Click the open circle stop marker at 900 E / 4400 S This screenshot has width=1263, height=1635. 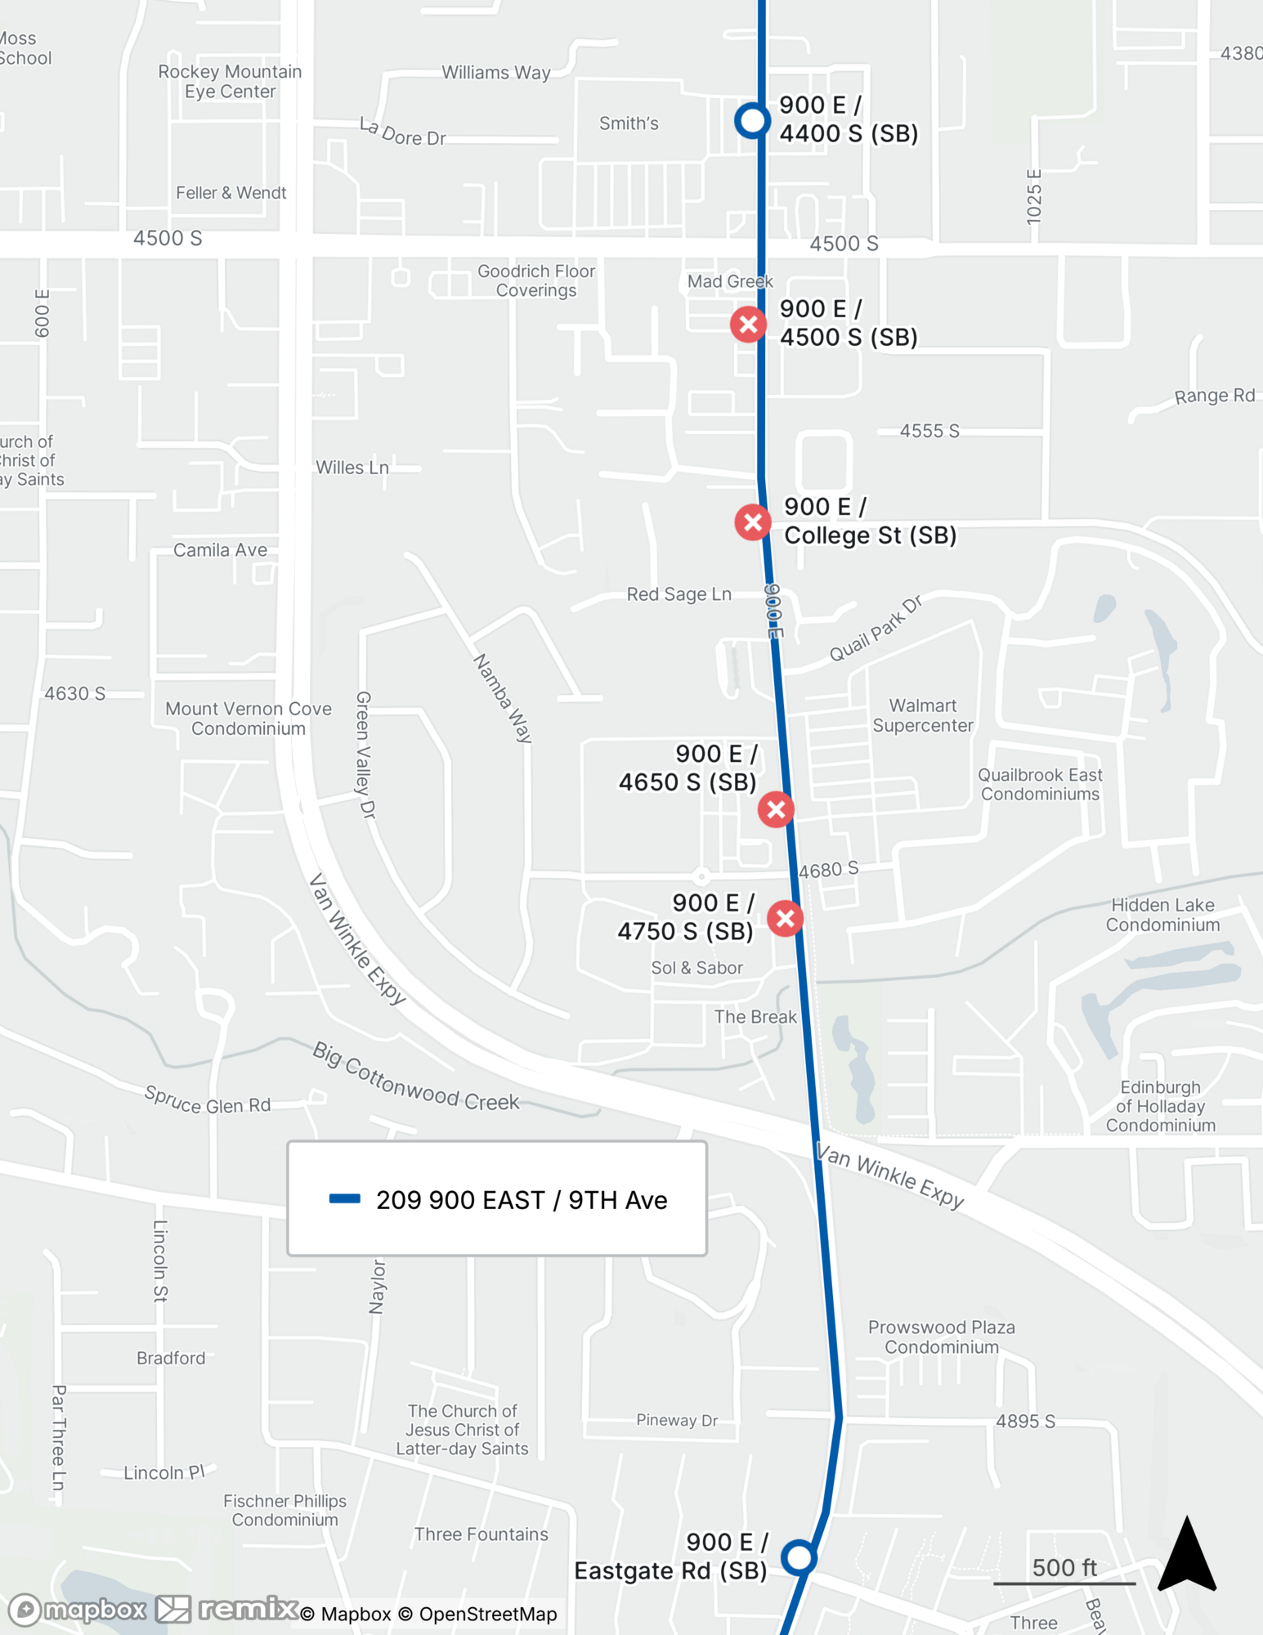pyautogui.click(x=752, y=121)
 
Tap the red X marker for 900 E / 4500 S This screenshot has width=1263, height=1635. pyautogui.click(x=748, y=325)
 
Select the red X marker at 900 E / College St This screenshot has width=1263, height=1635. pyautogui.click(x=753, y=522)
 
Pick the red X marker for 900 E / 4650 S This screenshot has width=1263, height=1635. pyautogui.click(x=776, y=809)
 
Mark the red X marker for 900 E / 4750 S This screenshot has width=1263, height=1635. pyautogui.click(x=786, y=918)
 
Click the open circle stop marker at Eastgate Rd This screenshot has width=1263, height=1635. pyautogui.click(x=799, y=1557)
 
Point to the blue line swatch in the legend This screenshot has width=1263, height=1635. pyautogui.click(x=344, y=1199)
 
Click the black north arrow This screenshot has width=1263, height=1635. pyautogui.click(x=1187, y=1554)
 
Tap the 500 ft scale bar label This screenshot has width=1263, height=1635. pyautogui.click(x=1064, y=1567)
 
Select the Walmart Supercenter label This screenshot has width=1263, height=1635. pyautogui.click(x=923, y=715)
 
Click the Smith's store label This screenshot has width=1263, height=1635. pyautogui.click(x=629, y=123)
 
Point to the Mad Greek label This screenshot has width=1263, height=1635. pyautogui.click(x=729, y=281)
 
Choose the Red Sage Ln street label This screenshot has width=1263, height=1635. pyautogui.click(x=679, y=594)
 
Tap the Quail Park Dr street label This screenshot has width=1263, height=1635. pyautogui.click(x=876, y=629)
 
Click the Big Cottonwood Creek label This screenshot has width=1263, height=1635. pyautogui.click(x=415, y=1076)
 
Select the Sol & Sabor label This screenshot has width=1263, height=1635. pyautogui.click(x=696, y=968)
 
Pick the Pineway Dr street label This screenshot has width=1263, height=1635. pyautogui.click(x=677, y=1420)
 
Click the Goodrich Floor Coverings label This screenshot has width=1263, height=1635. pyautogui.click(x=536, y=280)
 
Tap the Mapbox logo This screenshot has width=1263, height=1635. pyautogui.click(x=78, y=1610)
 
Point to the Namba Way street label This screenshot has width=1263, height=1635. pyautogui.click(x=503, y=697)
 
